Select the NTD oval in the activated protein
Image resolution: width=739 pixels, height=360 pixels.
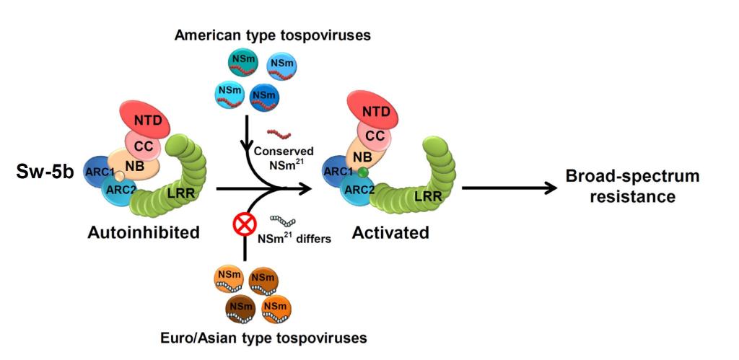click(x=379, y=111)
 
